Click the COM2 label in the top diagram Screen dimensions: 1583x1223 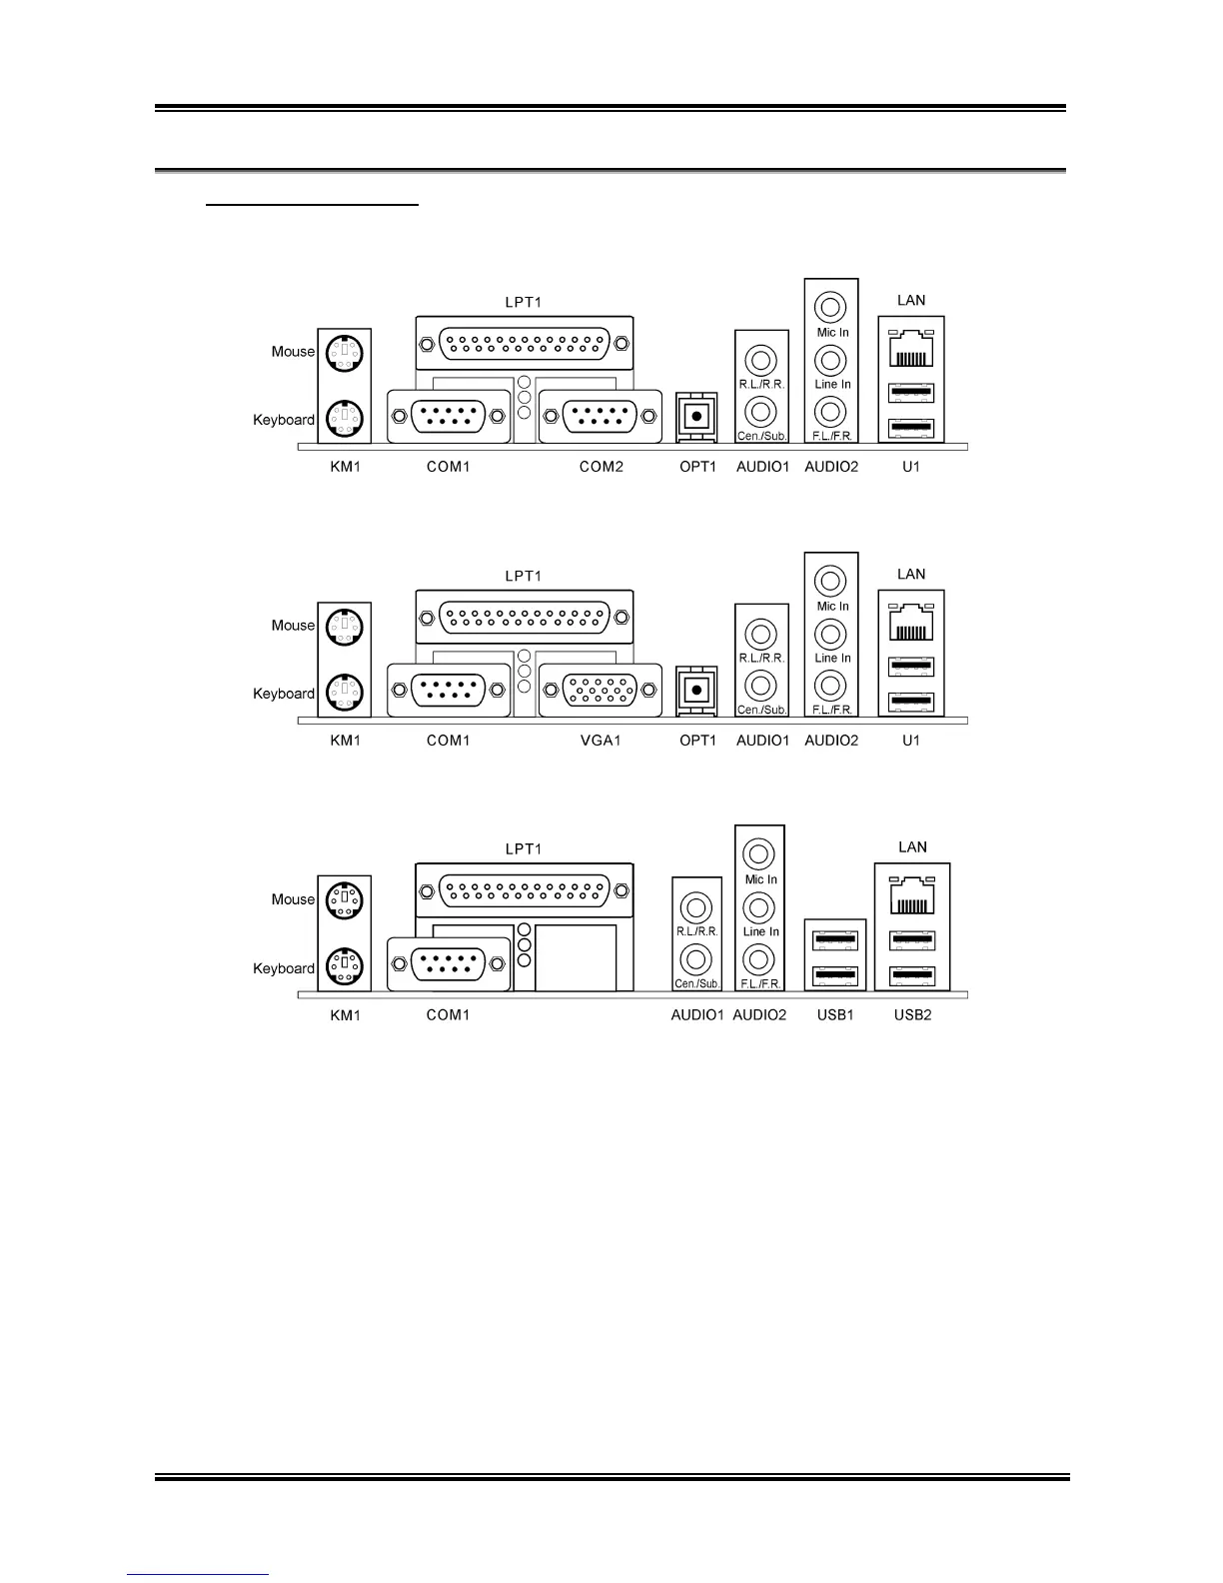point(601,467)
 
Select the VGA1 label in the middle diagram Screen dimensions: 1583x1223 point(601,741)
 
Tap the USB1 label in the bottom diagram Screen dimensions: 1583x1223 point(835,1015)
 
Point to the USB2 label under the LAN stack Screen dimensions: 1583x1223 point(912,1015)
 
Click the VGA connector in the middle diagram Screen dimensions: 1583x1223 point(600,690)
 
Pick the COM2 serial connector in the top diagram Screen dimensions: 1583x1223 point(600,416)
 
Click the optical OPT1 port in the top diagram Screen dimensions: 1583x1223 point(696,415)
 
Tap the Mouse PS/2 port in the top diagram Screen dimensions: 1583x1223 point(344,353)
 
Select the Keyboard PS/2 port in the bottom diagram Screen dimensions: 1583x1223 point(344,966)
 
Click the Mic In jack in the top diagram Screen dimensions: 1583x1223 point(830,307)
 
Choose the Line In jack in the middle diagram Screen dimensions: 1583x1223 point(830,634)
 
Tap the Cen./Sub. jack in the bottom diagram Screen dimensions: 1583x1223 point(695,959)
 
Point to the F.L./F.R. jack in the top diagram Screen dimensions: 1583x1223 point(830,411)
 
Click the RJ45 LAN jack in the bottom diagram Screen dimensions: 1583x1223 point(912,896)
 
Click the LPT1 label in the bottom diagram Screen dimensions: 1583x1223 point(523,849)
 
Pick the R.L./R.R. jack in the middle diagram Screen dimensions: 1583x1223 point(761,634)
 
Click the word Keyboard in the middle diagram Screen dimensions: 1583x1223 point(283,694)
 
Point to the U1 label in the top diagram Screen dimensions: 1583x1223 point(910,467)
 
